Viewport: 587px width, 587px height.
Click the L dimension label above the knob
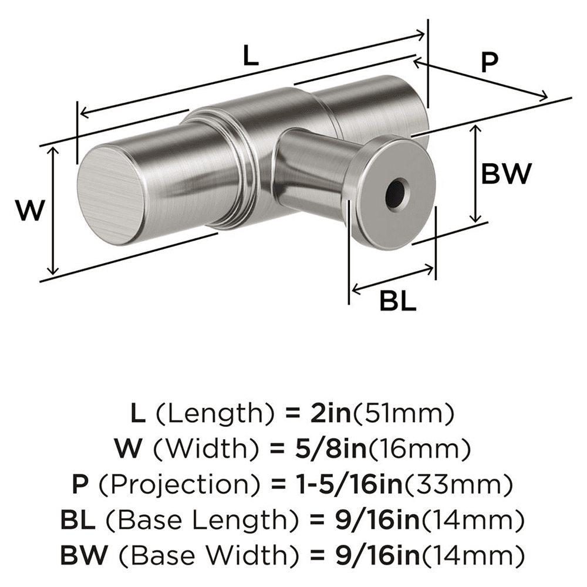[250, 57]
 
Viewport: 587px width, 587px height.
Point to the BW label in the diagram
[506, 174]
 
